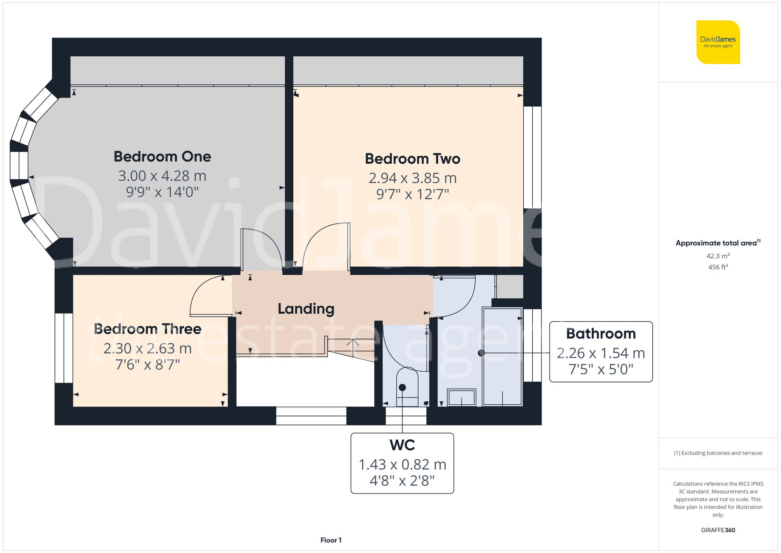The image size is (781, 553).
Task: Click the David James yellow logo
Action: click(718, 42)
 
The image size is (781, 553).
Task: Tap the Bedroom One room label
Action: click(162, 157)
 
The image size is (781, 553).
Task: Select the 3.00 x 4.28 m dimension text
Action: click(162, 176)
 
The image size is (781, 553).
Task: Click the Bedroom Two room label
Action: click(412, 159)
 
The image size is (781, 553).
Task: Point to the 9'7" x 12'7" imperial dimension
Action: click(412, 194)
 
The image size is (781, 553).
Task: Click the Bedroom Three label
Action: click(148, 329)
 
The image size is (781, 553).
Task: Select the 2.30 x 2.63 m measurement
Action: click(148, 348)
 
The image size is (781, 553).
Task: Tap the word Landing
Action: click(306, 309)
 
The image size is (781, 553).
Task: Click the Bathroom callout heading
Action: click(601, 334)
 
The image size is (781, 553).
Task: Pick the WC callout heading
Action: click(402, 445)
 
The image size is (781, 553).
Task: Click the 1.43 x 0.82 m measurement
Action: click(402, 464)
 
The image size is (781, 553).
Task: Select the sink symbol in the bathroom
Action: click(461, 397)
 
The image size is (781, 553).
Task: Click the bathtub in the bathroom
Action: click(502, 356)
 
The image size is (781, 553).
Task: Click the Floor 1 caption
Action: click(331, 540)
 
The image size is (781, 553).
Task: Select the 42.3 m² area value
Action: click(718, 256)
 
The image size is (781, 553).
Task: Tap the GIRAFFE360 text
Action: click(718, 530)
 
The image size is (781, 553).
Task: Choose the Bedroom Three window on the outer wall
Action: click(64, 348)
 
